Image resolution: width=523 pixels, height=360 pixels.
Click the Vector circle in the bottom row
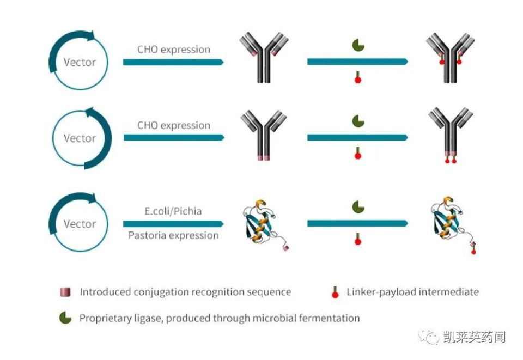click(x=79, y=223)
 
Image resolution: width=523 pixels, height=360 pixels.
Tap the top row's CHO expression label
click(x=174, y=50)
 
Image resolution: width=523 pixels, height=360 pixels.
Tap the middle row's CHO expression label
click(x=174, y=125)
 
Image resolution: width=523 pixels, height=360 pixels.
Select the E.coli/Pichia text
click(x=174, y=211)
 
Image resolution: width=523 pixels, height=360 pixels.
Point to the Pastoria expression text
click(x=174, y=235)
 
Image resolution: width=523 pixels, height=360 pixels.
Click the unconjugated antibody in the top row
click(x=264, y=58)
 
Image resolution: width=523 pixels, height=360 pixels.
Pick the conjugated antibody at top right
click(x=450, y=58)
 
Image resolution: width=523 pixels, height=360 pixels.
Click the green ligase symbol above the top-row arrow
click(x=357, y=45)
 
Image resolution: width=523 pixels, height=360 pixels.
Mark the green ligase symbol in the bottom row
click(x=357, y=206)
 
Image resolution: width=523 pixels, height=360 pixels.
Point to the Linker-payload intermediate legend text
click(x=412, y=292)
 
